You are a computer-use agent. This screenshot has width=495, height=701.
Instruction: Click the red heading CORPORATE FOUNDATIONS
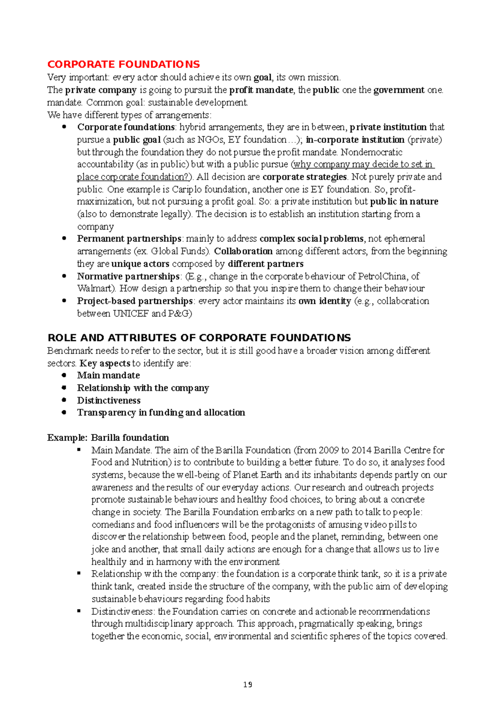pyautogui.click(x=123, y=64)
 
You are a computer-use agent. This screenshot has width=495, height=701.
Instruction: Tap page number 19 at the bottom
pyautogui.click(x=247, y=684)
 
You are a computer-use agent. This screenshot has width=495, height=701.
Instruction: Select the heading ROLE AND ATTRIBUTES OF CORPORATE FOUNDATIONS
pyautogui.click(x=199, y=338)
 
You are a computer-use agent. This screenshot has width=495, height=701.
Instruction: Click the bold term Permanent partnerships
pyautogui.click(x=129, y=239)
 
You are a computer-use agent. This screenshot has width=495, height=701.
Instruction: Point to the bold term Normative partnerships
pyautogui.click(x=128, y=276)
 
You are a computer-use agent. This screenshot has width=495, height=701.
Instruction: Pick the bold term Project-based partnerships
pyautogui.click(x=134, y=301)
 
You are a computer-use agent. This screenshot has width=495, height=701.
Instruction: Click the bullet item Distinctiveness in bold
pyautogui.click(x=108, y=400)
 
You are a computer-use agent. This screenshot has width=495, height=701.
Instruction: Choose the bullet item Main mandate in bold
pyautogui.click(x=108, y=375)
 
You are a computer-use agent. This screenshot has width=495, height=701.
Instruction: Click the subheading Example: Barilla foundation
pyautogui.click(x=108, y=438)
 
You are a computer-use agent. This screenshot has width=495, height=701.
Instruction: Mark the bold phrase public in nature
pyautogui.click(x=404, y=201)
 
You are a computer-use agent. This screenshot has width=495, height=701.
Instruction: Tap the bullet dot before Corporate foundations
pyautogui.click(x=64, y=127)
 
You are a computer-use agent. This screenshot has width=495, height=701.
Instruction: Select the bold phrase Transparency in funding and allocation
pyautogui.click(x=161, y=412)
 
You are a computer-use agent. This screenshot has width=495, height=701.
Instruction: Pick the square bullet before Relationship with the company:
pyautogui.click(x=79, y=573)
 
